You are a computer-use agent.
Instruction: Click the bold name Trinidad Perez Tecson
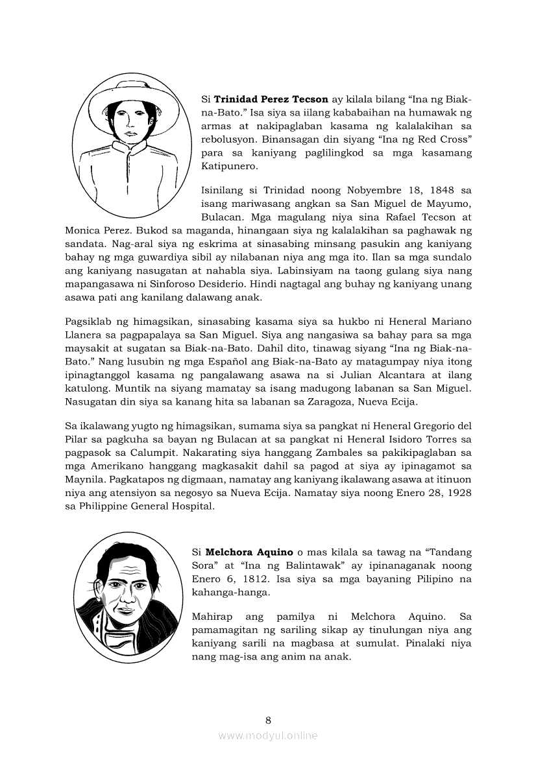click(x=271, y=101)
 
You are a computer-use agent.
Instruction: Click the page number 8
click(x=268, y=720)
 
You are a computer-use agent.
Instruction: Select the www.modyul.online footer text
click(x=268, y=735)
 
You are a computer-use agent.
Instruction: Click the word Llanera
click(x=88, y=334)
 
